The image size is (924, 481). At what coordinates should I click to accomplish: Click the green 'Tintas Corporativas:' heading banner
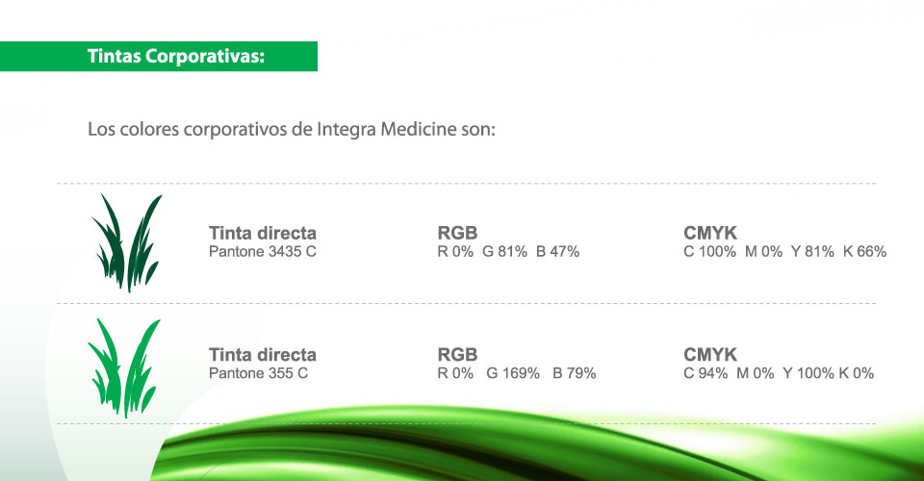(x=159, y=57)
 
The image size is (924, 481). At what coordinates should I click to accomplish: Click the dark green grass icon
(x=126, y=242)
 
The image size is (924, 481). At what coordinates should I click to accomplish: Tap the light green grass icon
(x=124, y=367)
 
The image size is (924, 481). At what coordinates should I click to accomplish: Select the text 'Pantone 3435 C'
(x=262, y=251)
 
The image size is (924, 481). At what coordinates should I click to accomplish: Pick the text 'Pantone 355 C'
(x=258, y=372)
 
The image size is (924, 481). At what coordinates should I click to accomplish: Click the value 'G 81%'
(x=504, y=251)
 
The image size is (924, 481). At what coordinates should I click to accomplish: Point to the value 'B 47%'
(x=557, y=251)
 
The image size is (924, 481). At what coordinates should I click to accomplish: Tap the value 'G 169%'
(x=513, y=372)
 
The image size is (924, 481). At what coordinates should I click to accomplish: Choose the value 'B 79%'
(x=574, y=372)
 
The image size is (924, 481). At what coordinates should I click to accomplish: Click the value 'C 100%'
(x=709, y=251)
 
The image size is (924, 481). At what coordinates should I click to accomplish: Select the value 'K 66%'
(x=864, y=251)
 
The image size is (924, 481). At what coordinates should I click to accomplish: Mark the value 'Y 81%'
(x=812, y=251)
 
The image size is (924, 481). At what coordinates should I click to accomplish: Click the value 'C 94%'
(x=706, y=372)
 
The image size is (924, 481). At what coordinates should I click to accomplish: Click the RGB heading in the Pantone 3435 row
(x=457, y=233)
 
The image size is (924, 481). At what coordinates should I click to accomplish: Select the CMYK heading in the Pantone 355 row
(x=710, y=354)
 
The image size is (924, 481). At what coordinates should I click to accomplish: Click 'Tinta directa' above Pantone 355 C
(x=262, y=354)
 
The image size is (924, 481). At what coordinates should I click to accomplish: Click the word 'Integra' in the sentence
(x=346, y=130)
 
